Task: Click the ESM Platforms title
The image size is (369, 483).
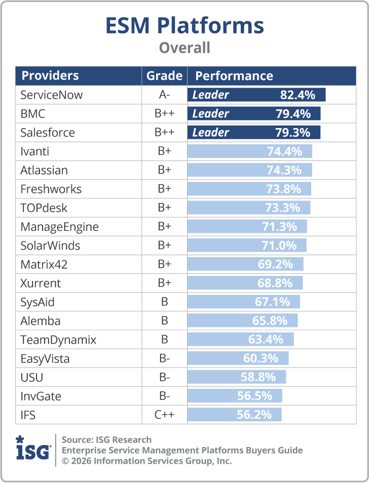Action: (x=184, y=25)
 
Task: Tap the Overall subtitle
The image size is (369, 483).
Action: (x=184, y=48)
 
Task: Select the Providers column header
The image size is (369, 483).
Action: (x=50, y=75)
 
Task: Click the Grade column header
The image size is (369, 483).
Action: (x=164, y=76)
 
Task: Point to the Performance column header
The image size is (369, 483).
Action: (x=234, y=76)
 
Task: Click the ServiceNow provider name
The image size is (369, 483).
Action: (x=52, y=95)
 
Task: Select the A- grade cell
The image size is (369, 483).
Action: (x=164, y=95)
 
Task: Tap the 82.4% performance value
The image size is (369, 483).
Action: (x=298, y=95)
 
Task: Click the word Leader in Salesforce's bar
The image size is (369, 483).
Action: (x=210, y=133)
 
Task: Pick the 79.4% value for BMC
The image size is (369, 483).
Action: (x=293, y=114)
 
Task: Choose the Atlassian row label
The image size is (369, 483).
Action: (x=44, y=170)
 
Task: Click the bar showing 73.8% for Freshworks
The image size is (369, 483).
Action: (x=249, y=189)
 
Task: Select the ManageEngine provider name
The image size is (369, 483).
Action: (x=59, y=227)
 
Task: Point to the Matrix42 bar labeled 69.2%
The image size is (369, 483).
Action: (x=245, y=264)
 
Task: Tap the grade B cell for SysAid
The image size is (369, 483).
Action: (x=164, y=302)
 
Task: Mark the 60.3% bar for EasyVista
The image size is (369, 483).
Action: (x=238, y=358)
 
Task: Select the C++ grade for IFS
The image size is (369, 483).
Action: (x=164, y=415)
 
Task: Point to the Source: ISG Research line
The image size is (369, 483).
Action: (x=106, y=439)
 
